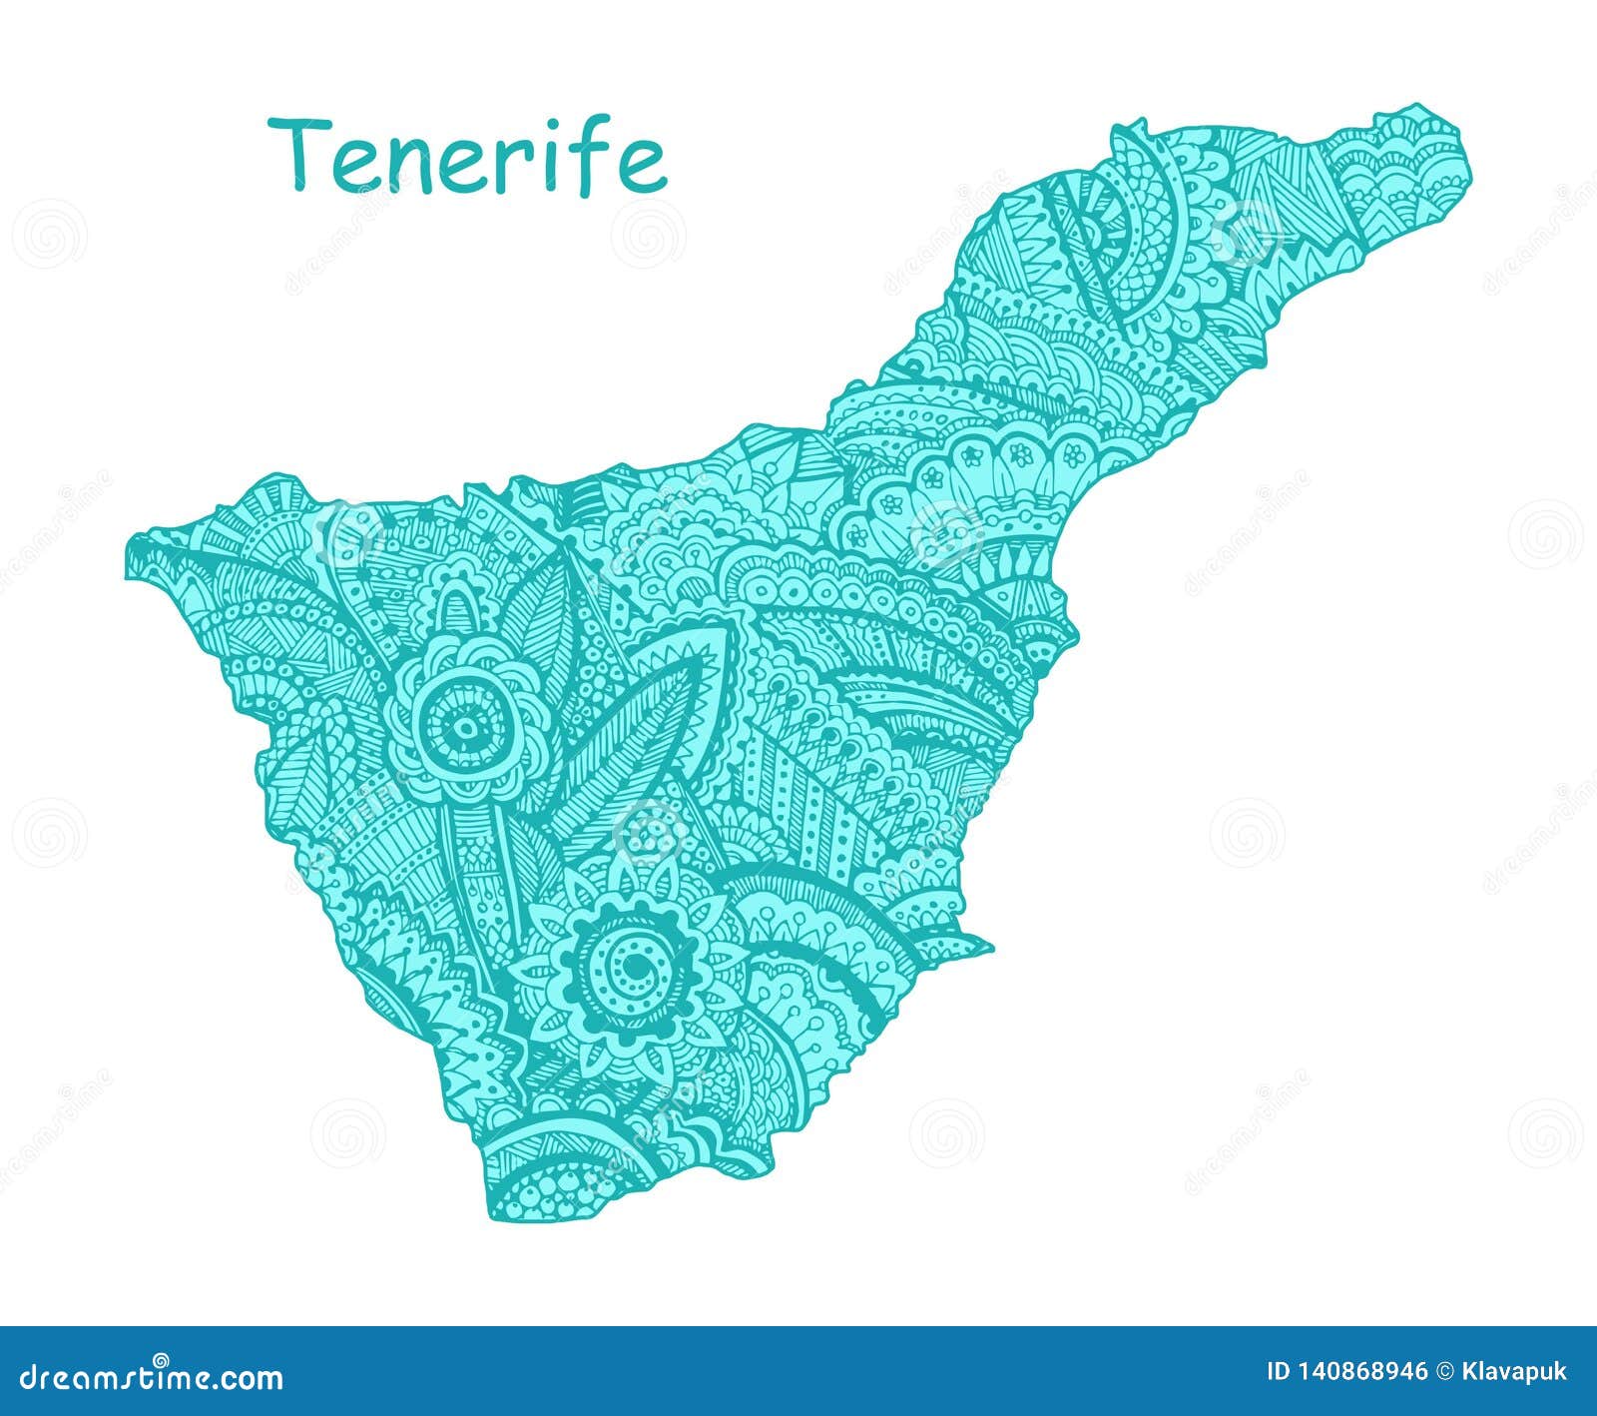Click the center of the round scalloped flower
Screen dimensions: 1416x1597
tap(462, 726)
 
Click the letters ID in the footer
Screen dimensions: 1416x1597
tap(1278, 1372)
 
